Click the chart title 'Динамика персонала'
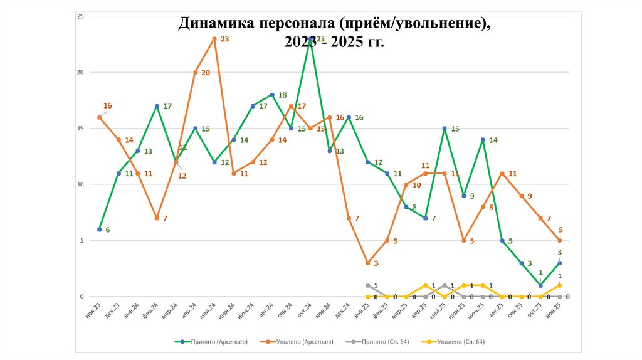pos(334,24)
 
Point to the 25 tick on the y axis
pos(80,16)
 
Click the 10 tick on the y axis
pos(80,184)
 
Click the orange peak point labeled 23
pos(214,39)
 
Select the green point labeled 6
pos(99,230)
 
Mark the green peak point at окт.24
pos(310,39)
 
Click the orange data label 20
pos(206,73)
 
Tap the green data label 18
pos(282,95)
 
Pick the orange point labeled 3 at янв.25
pos(368,263)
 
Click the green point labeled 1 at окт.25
pos(540,285)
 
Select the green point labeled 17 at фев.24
pos(157,107)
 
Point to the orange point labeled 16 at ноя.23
pos(99,117)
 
